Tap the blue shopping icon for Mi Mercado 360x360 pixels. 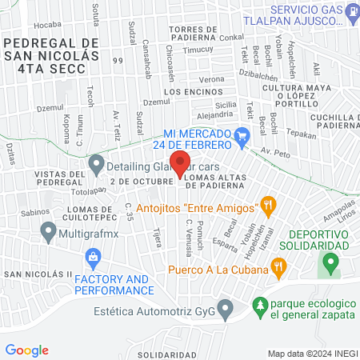tap(243, 138)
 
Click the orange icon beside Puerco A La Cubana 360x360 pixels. tap(278, 266)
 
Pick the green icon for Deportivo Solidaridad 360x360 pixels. tap(329, 262)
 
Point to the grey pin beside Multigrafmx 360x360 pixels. tap(47, 232)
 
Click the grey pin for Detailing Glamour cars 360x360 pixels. tap(97, 166)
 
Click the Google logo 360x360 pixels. tap(27, 350)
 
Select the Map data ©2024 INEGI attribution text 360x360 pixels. tap(311, 353)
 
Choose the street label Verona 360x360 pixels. tap(212, 79)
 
